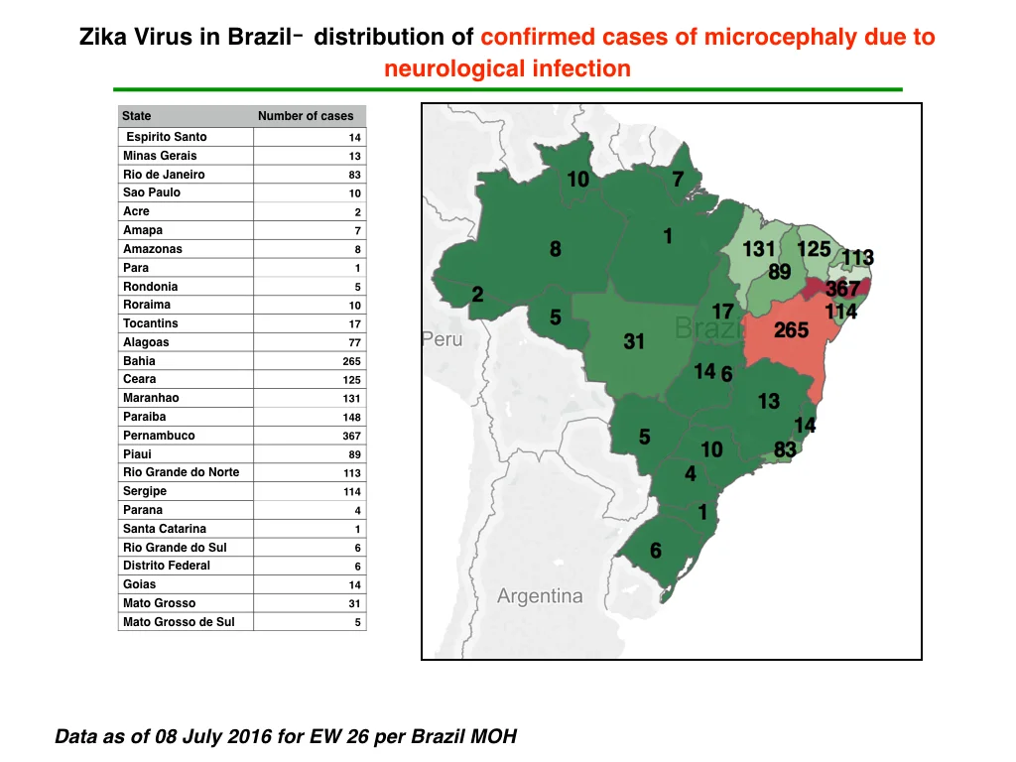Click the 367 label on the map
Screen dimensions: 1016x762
pos(842,289)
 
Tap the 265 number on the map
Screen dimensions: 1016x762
pos(791,330)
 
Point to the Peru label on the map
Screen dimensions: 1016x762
pos(443,339)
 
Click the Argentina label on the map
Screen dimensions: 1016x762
pos(540,595)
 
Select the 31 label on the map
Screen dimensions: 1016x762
pos(634,341)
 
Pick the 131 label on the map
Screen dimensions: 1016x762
pos(759,249)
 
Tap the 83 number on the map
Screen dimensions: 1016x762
pos(785,449)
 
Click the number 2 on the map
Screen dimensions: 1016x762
pos(477,295)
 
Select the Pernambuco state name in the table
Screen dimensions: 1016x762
pos(159,436)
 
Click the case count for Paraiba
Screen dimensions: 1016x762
pos(352,418)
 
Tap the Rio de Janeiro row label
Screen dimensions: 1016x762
pos(164,175)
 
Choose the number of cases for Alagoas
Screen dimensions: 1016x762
pos(354,342)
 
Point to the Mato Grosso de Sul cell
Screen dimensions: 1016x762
pos(179,622)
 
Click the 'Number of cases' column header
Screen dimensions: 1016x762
pos(306,116)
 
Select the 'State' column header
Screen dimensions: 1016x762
pos(137,116)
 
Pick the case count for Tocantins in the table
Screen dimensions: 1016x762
pos(354,324)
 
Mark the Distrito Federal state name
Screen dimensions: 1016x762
pos(167,566)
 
